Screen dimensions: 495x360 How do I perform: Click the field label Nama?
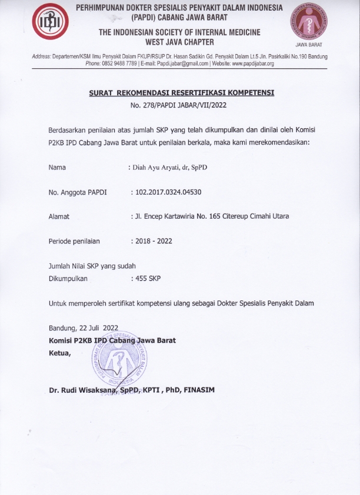pos(57,168)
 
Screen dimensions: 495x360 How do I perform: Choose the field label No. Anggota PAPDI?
pos(73,192)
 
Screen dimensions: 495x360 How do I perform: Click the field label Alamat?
pos(59,216)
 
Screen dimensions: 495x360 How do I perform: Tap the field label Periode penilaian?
pos(74,241)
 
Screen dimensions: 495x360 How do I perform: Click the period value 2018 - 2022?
pos(154,241)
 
